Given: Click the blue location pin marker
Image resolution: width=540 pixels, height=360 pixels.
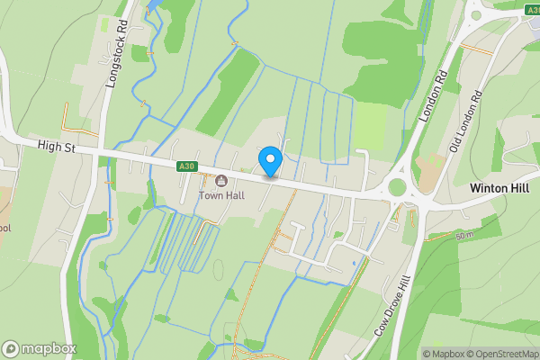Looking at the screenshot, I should tap(270, 162).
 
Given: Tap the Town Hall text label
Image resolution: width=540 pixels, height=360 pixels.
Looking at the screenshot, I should tap(222, 194).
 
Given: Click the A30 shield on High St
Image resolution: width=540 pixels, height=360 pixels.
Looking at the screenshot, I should tap(186, 166).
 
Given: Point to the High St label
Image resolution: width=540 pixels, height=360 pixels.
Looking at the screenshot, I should tap(56, 145).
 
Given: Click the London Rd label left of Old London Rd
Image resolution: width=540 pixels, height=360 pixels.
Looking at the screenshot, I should tap(433, 98).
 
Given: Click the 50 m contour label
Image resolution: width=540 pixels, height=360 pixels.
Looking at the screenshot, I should tap(464, 236).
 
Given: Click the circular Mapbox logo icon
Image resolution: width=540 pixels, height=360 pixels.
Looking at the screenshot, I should tap(11, 348).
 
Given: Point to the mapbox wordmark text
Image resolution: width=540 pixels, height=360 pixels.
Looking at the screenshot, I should tap(49, 348).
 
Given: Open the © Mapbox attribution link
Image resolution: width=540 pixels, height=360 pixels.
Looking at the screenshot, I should tap(442, 354).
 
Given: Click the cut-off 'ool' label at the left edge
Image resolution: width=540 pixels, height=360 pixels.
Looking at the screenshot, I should tap(4, 228).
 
